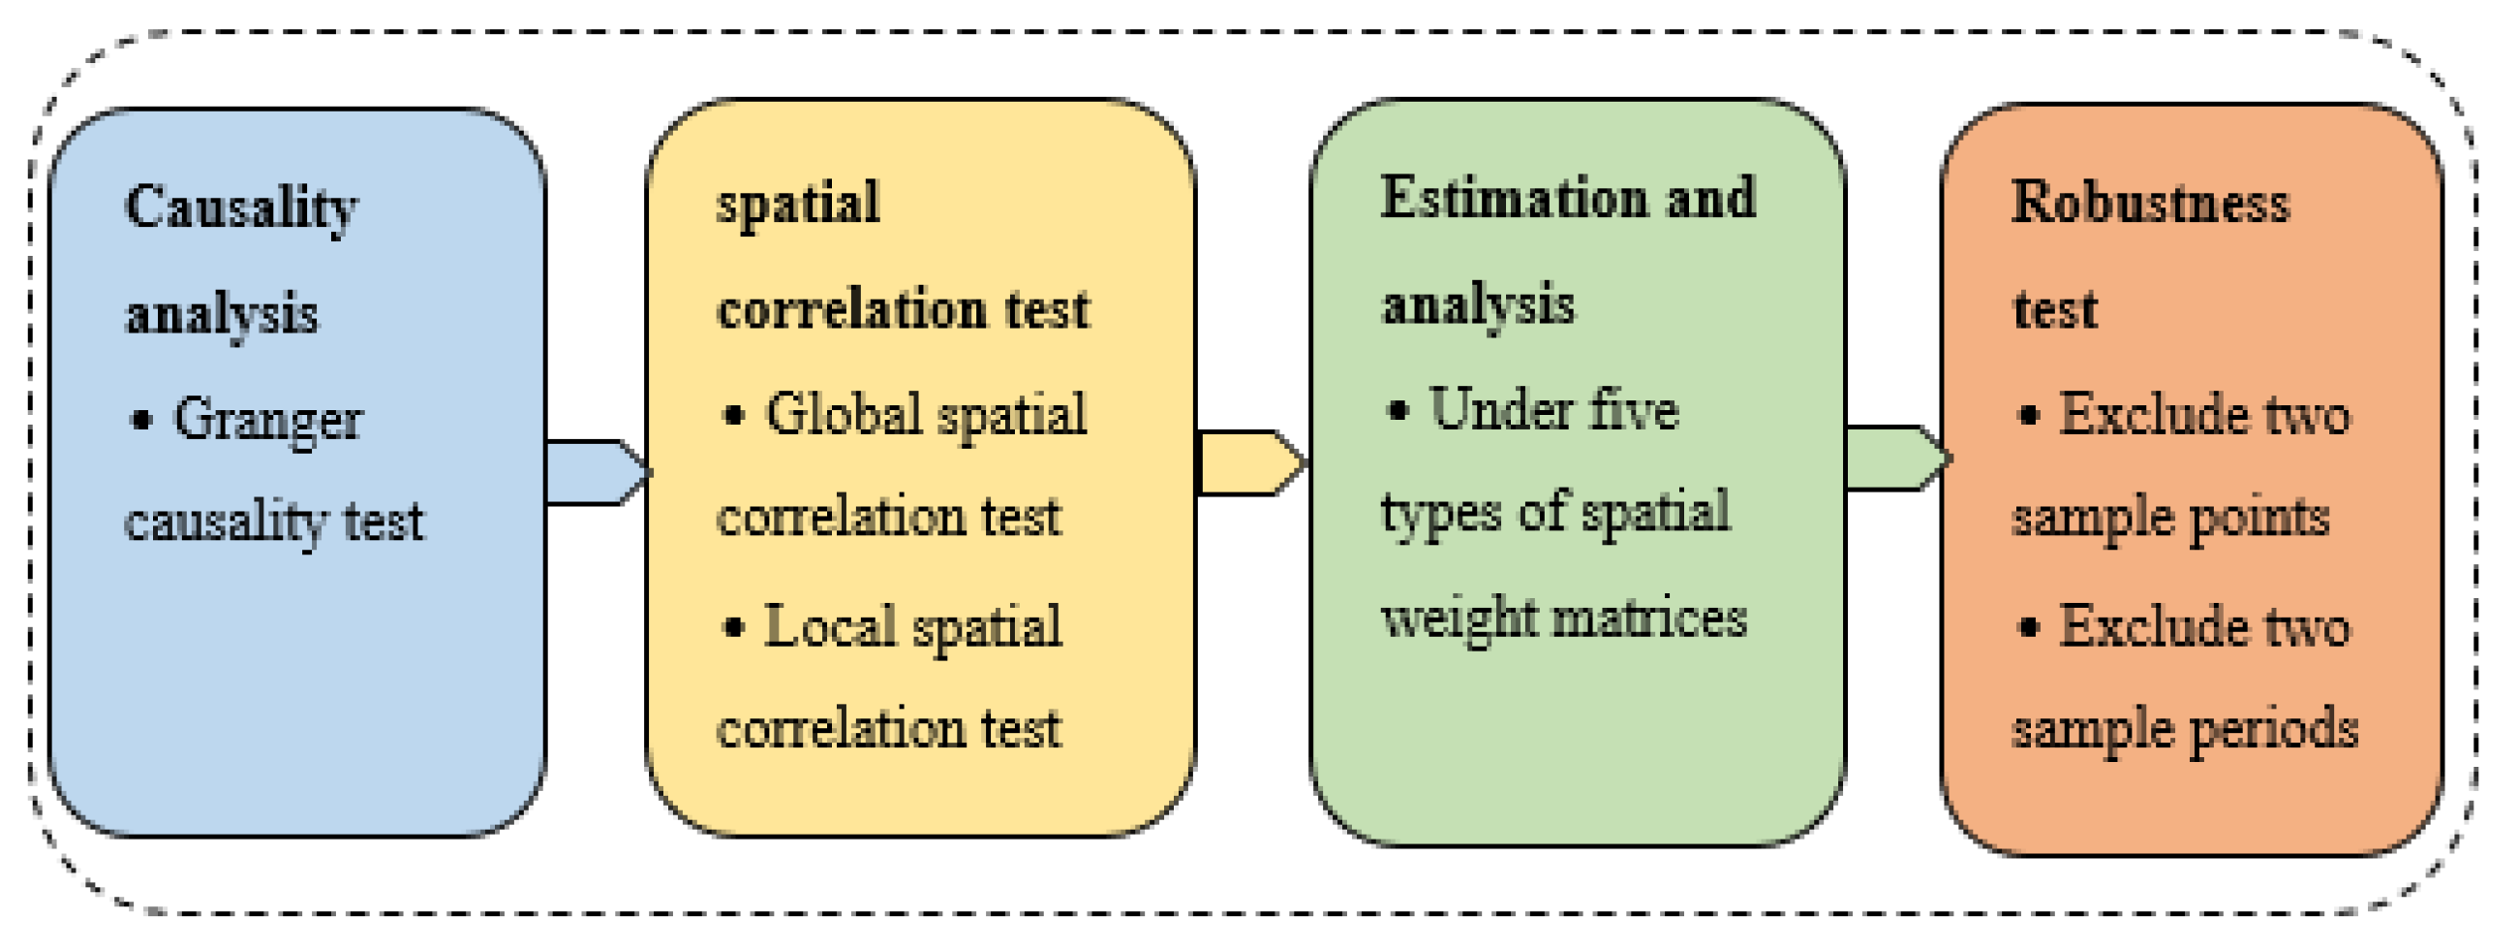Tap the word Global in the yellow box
click(843, 415)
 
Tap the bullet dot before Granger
click(141, 421)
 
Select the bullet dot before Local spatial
click(732, 627)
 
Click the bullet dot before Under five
click(1398, 410)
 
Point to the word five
click(1633, 410)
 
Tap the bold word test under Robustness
click(2054, 310)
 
